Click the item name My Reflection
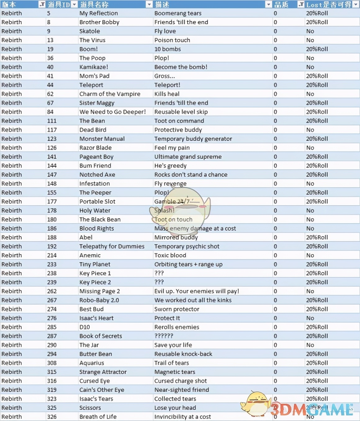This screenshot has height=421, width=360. pyautogui.click(x=99, y=13)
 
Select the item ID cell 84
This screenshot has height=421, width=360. pyautogui.click(x=50, y=112)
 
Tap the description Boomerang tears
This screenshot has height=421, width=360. pyautogui.click(x=178, y=13)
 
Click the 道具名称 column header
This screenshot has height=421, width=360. pyautogui.click(x=94, y=4)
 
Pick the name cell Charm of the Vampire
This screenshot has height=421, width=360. pyautogui.click(x=110, y=94)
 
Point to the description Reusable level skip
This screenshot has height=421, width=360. pyautogui.click(x=181, y=112)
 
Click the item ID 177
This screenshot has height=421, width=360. pyautogui.click(x=52, y=202)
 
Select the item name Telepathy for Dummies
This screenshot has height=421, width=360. pyautogui.click(x=112, y=246)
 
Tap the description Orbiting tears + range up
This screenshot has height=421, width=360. pyautogui.click(x=188, y=264)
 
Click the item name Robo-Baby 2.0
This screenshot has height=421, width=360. pyautogui.click(x=99, y=300)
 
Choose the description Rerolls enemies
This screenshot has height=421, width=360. pyautogui.click(x=177, y=327)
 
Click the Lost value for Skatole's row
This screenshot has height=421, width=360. pyautogui.click(x=310, y=31)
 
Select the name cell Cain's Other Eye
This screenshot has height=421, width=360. pyautogui.click(x=102, y=390)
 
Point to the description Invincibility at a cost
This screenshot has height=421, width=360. pyautogui.click(x=182, y=417)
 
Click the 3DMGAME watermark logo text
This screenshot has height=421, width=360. pyautogui.click(x=312, y=410)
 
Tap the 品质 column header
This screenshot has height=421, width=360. pyautogui.click(x=281, y=4)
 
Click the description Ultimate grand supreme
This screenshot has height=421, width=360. pyautogui.click(x=188, y=157)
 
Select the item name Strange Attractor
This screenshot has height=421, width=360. pyautogui.click(x=103, y=372)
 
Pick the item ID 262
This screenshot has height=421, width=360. pyautogui.click(x=52, y=291)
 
